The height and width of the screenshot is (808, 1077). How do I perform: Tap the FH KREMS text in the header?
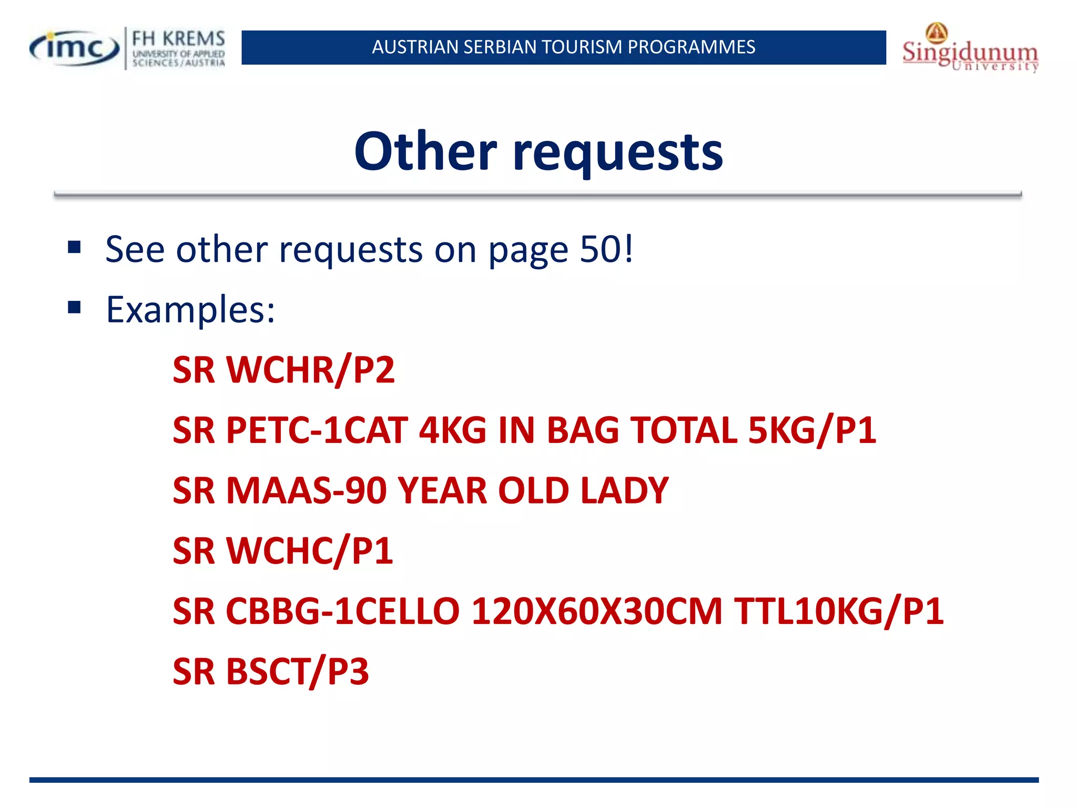tap(178, 39)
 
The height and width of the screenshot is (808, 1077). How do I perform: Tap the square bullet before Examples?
tap(74, 307)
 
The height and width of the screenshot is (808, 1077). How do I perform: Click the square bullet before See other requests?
tap(74, 247)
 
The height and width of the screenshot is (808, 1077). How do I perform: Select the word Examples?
tap(190, 309)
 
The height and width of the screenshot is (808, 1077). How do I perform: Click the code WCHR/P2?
tap(310, 370)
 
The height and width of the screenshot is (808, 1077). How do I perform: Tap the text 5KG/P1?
tap(812, 430)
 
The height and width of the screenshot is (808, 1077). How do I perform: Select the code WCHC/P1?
tap(309, 551)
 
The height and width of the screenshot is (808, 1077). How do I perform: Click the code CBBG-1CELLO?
tap(342, 612)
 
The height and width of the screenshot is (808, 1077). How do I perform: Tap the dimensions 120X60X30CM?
tap(597, 612)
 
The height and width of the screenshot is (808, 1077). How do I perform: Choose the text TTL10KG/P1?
tap(839, 612)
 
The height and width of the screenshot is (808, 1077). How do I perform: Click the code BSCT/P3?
tap(297, 672)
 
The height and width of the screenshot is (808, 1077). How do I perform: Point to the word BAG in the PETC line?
tap(583, 430)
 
